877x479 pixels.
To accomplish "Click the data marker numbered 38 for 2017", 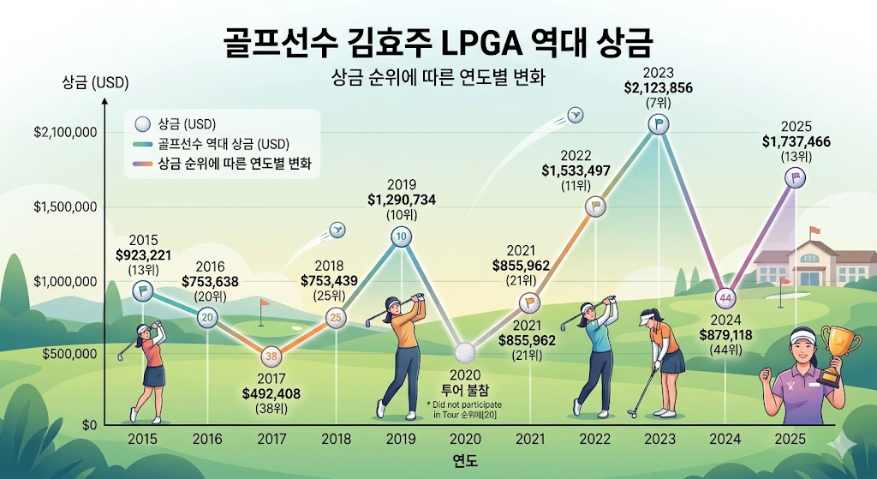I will tap(271, 356).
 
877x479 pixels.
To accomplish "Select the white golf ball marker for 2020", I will tap(465, 350).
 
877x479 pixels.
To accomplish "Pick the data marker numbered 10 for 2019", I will tap(401, 236).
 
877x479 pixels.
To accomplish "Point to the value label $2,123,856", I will tap(658, 87).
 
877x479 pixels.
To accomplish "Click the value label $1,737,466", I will tap(796, 141).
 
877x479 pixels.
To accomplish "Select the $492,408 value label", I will tap(271, 394).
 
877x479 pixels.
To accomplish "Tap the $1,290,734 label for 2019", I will tap(401, 199).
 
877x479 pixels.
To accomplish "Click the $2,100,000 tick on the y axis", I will tap(65, 133).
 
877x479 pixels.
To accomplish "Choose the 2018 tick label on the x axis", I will tap(336, 439).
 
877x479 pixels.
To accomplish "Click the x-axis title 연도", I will tap(465, 461).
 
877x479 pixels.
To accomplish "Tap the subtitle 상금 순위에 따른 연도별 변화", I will tap(438, 76).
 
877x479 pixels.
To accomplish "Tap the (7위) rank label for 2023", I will tap(658, 103).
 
